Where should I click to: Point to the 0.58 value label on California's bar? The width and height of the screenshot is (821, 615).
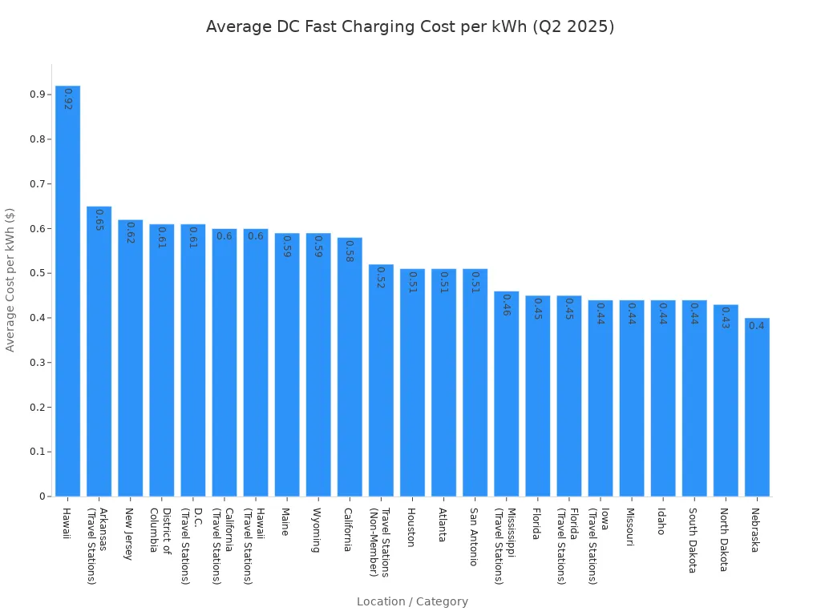pyautogui.click(x=349, y=251)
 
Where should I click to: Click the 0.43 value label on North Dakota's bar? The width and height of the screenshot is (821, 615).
pyautogui.click(x=725, y=318)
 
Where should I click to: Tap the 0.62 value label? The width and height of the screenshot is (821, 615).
pyautogui.click(x=130, y=233)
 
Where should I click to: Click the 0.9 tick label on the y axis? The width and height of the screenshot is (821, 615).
pyautogui.click(x=38, y=94)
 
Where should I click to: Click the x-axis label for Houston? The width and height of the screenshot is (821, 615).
pyautogui.click(x=411, y=527)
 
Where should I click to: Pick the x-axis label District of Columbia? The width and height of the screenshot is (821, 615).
pyautogui.click(x=160, y=529)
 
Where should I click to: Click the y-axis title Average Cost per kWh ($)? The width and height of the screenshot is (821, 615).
pyautogui.click(x=10, y=279)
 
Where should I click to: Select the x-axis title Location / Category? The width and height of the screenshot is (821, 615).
pyautogui.click(x=412, y=601)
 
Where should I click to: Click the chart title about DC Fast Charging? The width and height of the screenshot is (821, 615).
pyautogui.click(x=410, y=26)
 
